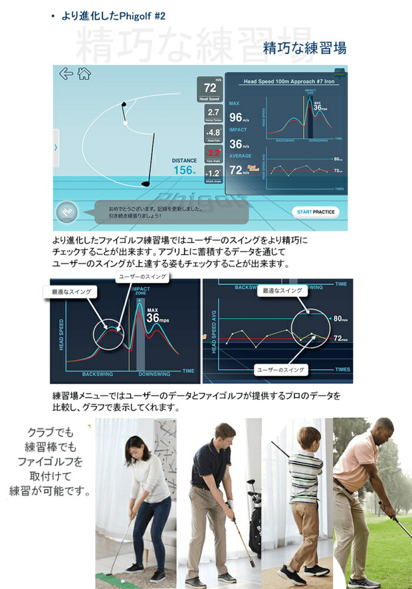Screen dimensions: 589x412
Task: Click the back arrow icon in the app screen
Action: (x=66, y=74)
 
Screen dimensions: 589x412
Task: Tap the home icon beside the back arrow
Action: (x=85, y=74)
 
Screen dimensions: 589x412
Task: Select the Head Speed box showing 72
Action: (x=210, y=90)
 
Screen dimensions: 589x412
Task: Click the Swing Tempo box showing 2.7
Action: (x=213, y=114)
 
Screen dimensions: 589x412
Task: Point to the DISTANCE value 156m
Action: (x=184, y=170)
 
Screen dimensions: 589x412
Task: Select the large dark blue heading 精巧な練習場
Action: (x=304, y=48)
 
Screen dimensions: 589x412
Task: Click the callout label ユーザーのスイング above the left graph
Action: (x=135, y=276)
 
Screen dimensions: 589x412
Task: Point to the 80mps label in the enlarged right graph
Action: (x=340, y=319)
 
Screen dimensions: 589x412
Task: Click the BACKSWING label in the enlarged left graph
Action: (x=97, y=374)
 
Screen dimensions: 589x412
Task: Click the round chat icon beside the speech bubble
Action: (x=67, y=213)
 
